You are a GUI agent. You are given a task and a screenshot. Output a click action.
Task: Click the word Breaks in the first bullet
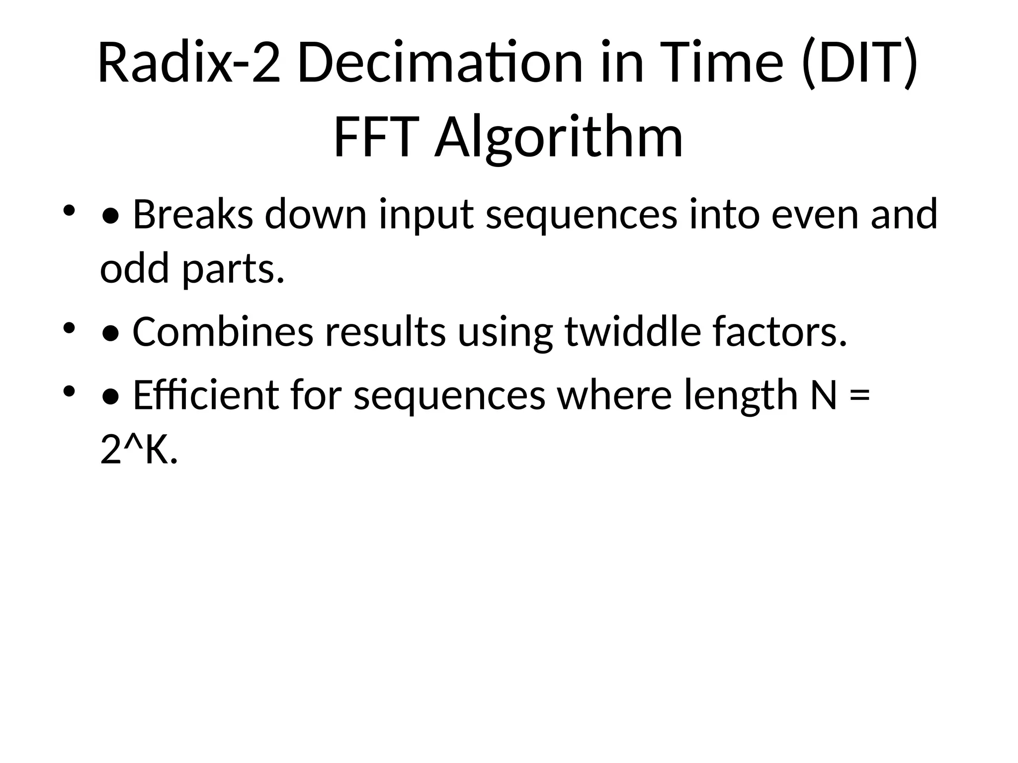[193, 215]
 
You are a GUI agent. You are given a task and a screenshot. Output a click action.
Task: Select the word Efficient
[206, 395]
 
